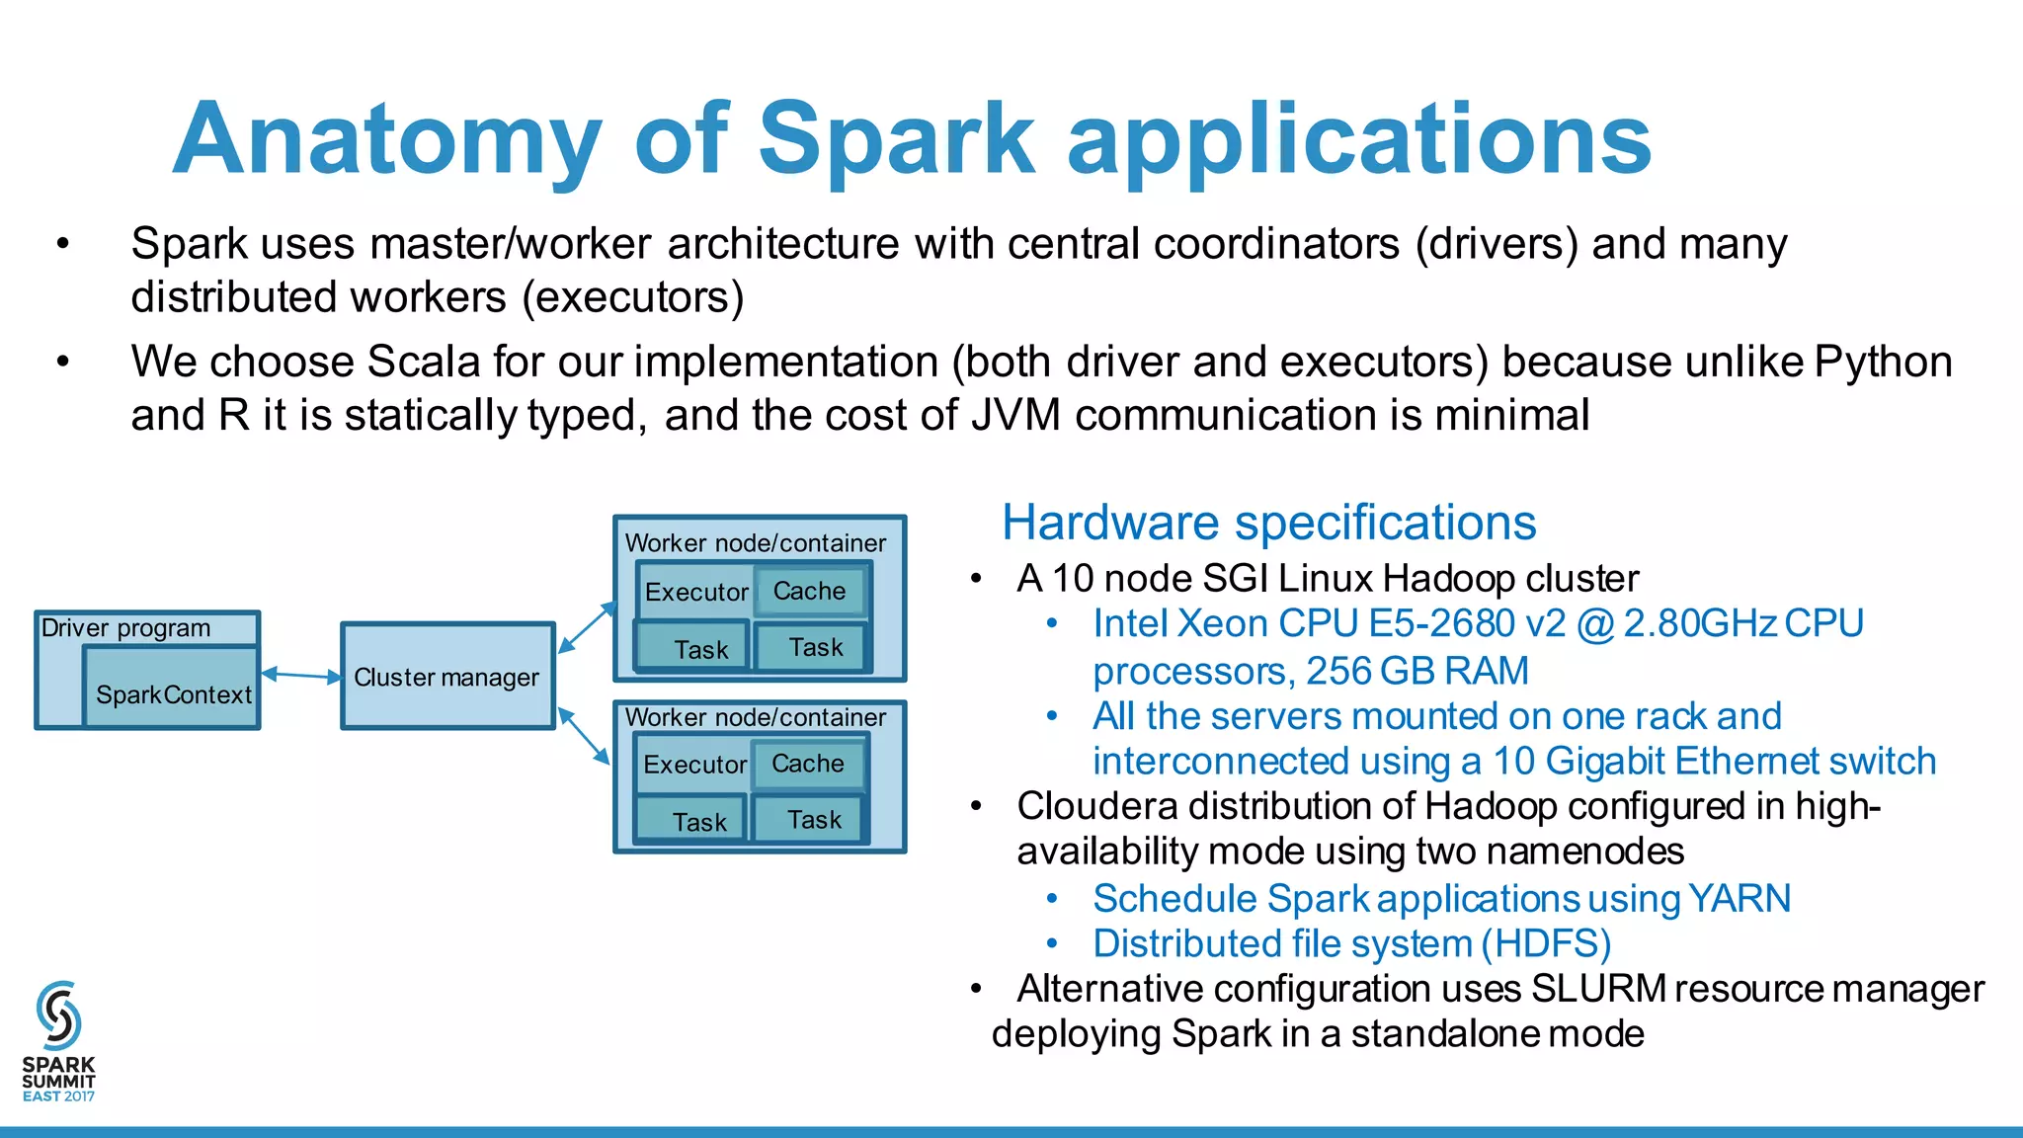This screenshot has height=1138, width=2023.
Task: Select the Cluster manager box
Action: [447, 677]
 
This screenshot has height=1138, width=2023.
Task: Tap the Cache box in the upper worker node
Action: [809, 591]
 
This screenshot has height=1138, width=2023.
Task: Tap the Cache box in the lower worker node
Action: [807, 764]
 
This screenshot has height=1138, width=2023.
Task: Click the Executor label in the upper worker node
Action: [696, 593]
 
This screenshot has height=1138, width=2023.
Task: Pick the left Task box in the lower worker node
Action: [698, 822]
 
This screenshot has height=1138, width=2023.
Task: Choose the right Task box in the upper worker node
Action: [815, 648]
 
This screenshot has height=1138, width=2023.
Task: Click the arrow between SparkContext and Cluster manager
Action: [301, 676]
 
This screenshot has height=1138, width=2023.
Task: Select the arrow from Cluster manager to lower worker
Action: [584, 735]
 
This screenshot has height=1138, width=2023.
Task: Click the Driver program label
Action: [125, 628]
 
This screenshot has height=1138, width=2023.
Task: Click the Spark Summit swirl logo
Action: [58, 1016]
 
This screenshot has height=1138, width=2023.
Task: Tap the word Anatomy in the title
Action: [386, 140]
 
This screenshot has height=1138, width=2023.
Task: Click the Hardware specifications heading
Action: [1268, 523]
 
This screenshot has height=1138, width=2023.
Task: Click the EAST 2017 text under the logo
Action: [58, 1097]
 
